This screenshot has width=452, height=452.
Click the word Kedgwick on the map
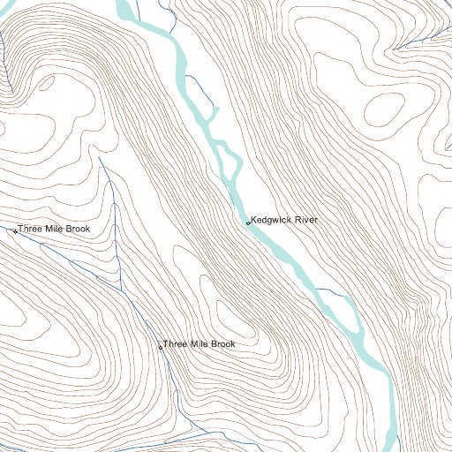[271, 220]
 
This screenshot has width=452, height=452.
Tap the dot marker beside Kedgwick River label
[248, 222]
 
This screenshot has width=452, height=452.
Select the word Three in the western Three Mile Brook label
[30, 230]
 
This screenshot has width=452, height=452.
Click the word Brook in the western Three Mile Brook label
[77, 230]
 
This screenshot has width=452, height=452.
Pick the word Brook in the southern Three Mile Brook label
[222, 344]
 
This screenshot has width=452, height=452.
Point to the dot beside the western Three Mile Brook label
[15, 231]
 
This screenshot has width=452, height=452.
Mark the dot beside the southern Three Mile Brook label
[160, 347]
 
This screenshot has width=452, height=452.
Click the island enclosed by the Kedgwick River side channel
[226, 160]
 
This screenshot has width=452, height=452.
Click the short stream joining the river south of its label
[331, 290]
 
